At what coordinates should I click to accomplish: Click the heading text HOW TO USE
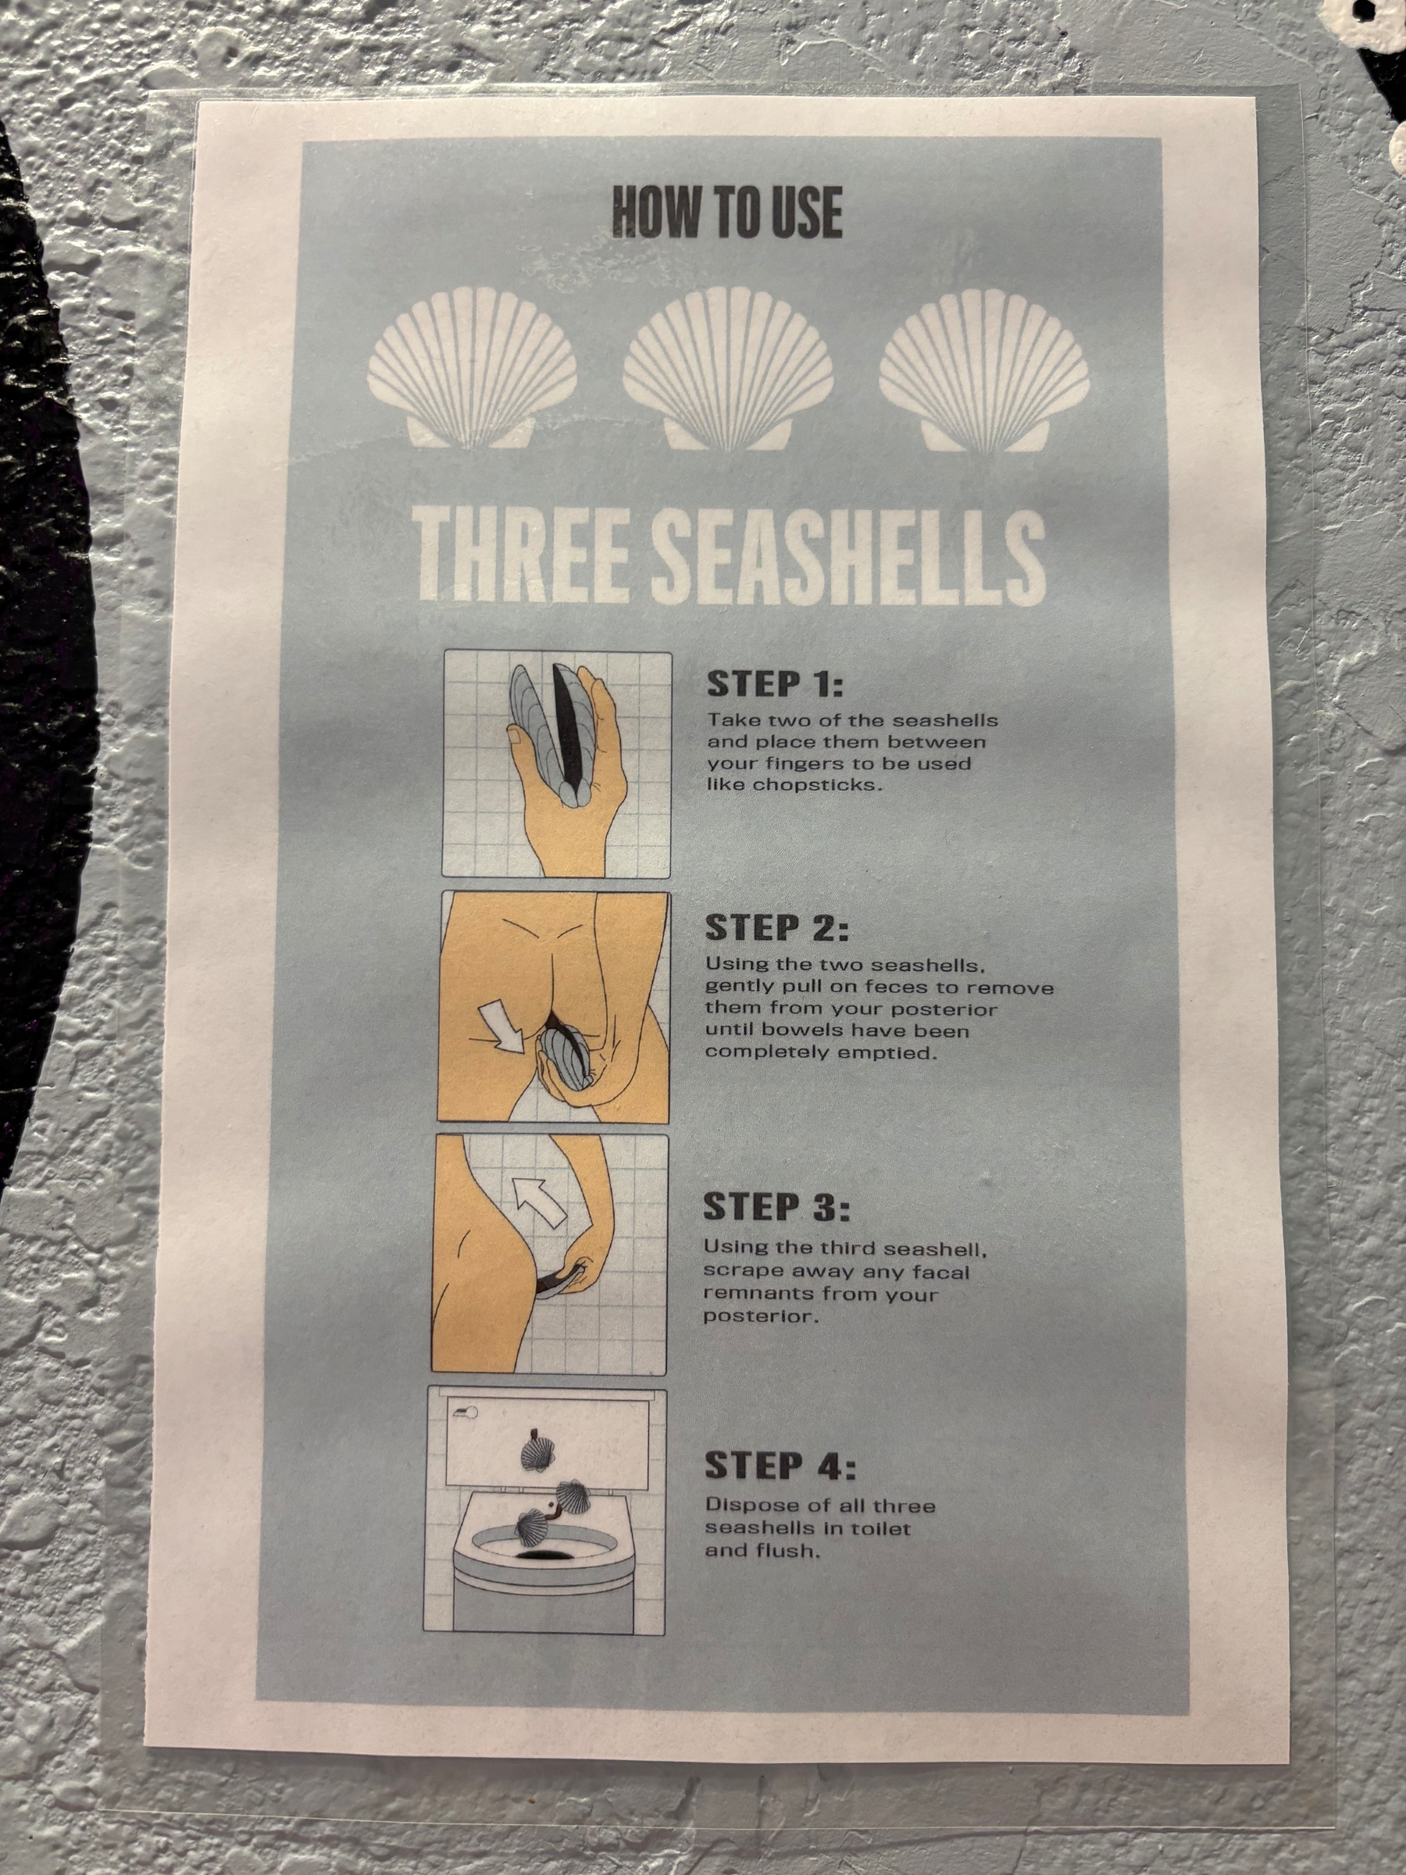[727, 212]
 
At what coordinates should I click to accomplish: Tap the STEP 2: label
[776, 927]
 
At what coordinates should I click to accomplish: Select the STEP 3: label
[776, 1207]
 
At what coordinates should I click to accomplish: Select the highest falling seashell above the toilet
[537, 1452]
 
